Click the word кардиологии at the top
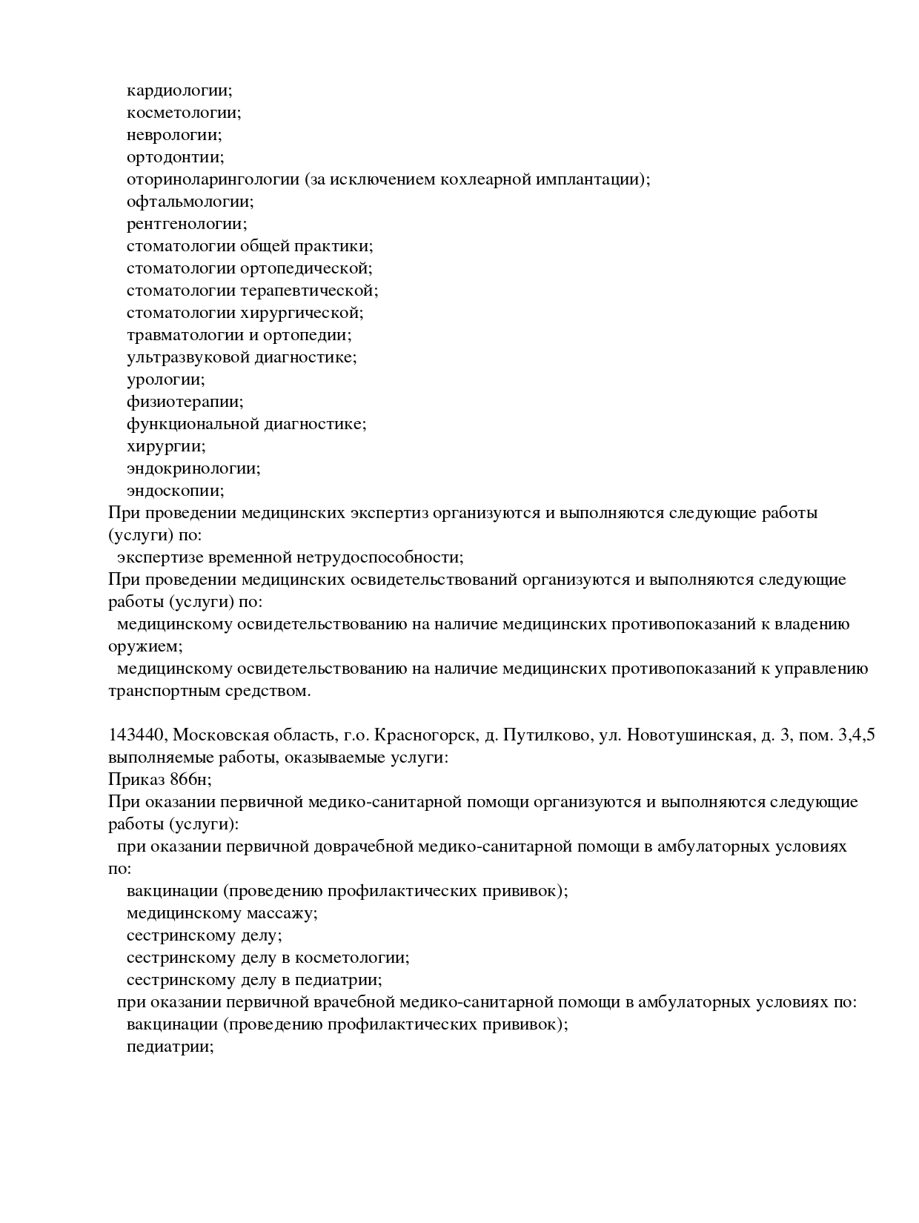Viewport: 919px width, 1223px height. (178, 90)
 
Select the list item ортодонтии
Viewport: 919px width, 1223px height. (174, 157)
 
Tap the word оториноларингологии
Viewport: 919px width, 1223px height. (213, 179)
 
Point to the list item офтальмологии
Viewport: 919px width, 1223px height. (189, 202)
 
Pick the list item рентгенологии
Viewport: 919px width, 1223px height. (186, 224)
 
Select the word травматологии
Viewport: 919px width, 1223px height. (182, 335)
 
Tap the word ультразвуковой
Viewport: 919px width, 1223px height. (188, 357)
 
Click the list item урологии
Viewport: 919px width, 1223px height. (165, 380)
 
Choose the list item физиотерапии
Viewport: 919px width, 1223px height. (184, 402)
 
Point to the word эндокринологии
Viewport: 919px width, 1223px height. (193, 468)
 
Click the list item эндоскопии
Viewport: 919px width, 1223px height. (174, 491)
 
